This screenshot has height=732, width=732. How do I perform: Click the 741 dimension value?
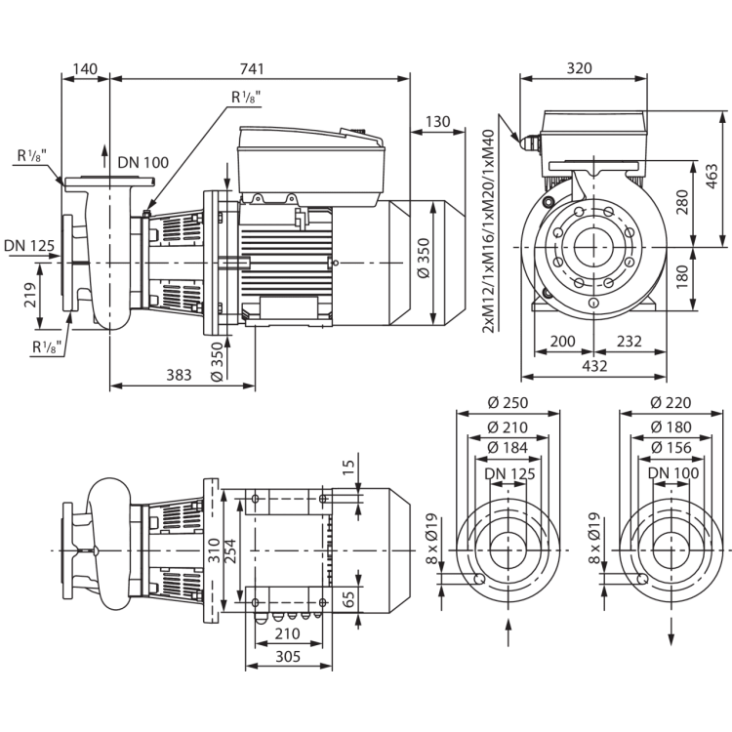[252, 68]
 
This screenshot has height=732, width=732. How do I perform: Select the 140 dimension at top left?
[86, 68]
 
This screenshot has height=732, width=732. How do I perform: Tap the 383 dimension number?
[180, 375]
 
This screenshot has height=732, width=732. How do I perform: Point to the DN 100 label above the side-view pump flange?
[142, 162]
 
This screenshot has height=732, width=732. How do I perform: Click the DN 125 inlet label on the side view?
[29, 246]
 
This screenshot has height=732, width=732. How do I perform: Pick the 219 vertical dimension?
[30, 295]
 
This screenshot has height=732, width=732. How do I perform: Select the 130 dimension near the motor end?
[438, 121]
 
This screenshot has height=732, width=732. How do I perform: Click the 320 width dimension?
[580, 68]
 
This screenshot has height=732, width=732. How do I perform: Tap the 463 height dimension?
[712, 176]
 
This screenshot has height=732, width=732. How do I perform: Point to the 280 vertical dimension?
[682, 202]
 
